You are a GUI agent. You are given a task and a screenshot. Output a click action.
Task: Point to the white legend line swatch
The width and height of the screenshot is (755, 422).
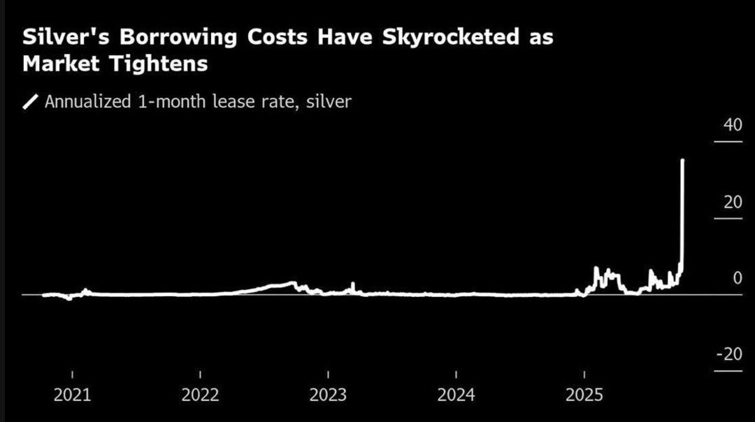tap(31, 102)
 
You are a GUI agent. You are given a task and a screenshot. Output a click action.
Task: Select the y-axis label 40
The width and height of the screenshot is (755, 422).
tap(732, 126)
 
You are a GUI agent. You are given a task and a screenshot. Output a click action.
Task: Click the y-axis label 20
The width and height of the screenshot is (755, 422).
tap(732, 202)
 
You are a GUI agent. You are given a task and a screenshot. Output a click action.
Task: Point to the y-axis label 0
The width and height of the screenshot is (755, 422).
tap(737, 278)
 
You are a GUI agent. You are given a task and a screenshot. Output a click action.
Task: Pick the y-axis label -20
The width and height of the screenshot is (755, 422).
tap(729, 354)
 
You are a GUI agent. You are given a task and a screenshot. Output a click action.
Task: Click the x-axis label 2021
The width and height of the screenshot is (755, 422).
tap(72, 395)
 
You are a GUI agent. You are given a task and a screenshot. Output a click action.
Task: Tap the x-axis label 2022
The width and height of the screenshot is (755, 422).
tap(201, 395)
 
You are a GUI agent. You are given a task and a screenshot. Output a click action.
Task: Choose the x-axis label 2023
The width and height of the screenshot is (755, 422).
tap(328, 395)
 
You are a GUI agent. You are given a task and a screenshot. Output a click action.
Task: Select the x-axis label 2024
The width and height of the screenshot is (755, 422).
tap(456, 395)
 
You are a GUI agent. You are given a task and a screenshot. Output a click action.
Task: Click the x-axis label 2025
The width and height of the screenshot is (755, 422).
tap(584, 395)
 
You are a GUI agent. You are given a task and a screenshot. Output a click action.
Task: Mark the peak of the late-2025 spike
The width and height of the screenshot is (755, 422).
tap(682, 161)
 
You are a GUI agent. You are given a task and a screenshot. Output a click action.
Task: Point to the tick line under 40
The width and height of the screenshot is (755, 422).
tap(728, 142)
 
